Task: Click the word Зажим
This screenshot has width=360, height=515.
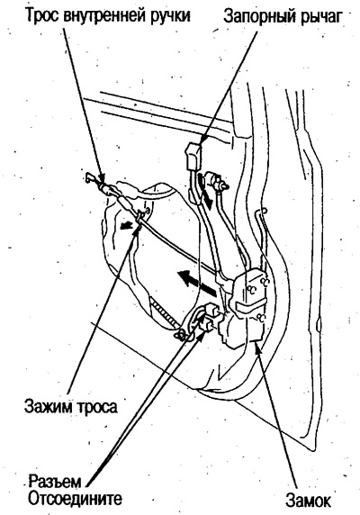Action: tap(48, 406)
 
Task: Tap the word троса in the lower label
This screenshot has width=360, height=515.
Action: tap(96, 407)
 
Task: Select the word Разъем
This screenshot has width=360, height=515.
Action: tap(55, 482)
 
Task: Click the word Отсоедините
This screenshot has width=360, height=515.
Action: tap(75, 499)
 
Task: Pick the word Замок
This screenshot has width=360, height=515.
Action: tap(308, 501)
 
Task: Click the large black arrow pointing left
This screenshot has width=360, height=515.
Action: tap(196, 282)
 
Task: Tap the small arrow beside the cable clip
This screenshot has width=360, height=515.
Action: tap(125, 226)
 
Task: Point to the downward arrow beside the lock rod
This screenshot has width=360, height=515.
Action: tap(205, 192)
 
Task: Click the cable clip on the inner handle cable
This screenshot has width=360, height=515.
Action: tap(140, 216)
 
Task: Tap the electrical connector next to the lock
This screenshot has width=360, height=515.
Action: tap(209, 316)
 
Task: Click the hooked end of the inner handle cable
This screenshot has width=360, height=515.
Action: tap(90, 177)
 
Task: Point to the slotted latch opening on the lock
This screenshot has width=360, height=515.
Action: tap(248, 309)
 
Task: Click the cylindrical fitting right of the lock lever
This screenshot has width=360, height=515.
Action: tap(215, 181)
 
